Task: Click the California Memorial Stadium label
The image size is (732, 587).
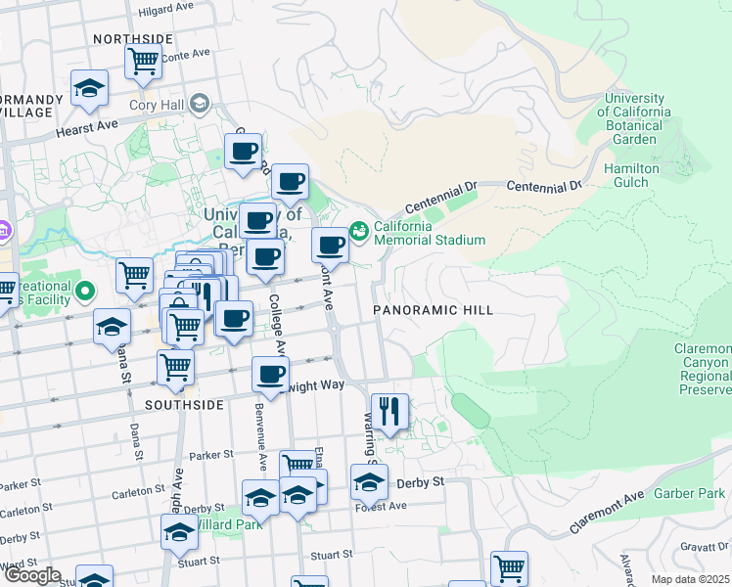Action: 427,233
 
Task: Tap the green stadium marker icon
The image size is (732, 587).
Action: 359,231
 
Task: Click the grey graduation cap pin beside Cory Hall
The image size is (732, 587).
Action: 201,103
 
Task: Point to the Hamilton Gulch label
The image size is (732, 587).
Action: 631,175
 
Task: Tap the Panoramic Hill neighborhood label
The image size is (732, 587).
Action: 432,310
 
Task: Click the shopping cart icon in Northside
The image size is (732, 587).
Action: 143,61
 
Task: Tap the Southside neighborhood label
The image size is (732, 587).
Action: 183,404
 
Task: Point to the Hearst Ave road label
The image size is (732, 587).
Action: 86,127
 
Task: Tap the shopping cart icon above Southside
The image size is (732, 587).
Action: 175,368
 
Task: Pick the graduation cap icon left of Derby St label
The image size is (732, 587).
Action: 368,481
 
